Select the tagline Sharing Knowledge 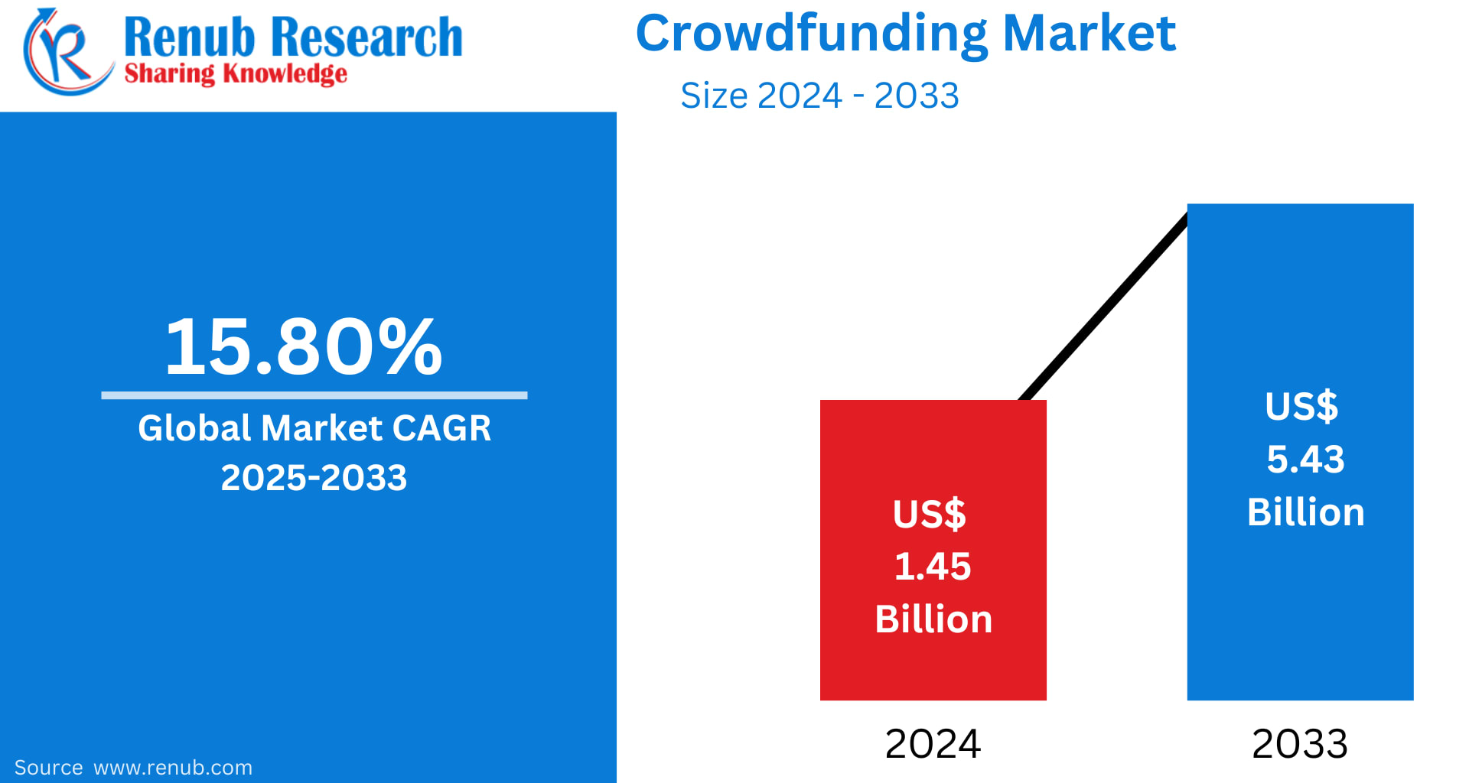tap(236, 74)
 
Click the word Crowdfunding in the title tap(811, 34)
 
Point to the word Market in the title tap(1088, 34)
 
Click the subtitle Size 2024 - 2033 tap(819, 96)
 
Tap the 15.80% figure tap(304, 348)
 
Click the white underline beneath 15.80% tap(314, 395)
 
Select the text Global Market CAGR tap(314, 428)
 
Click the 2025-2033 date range tap(314, 478)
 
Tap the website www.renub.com tap(173, 768)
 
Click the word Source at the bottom tap(48, 768)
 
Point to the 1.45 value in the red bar tap(933, 567)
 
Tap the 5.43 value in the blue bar tap(1305, 460)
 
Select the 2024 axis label tap(933, 744)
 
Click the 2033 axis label tap(1299, 744)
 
